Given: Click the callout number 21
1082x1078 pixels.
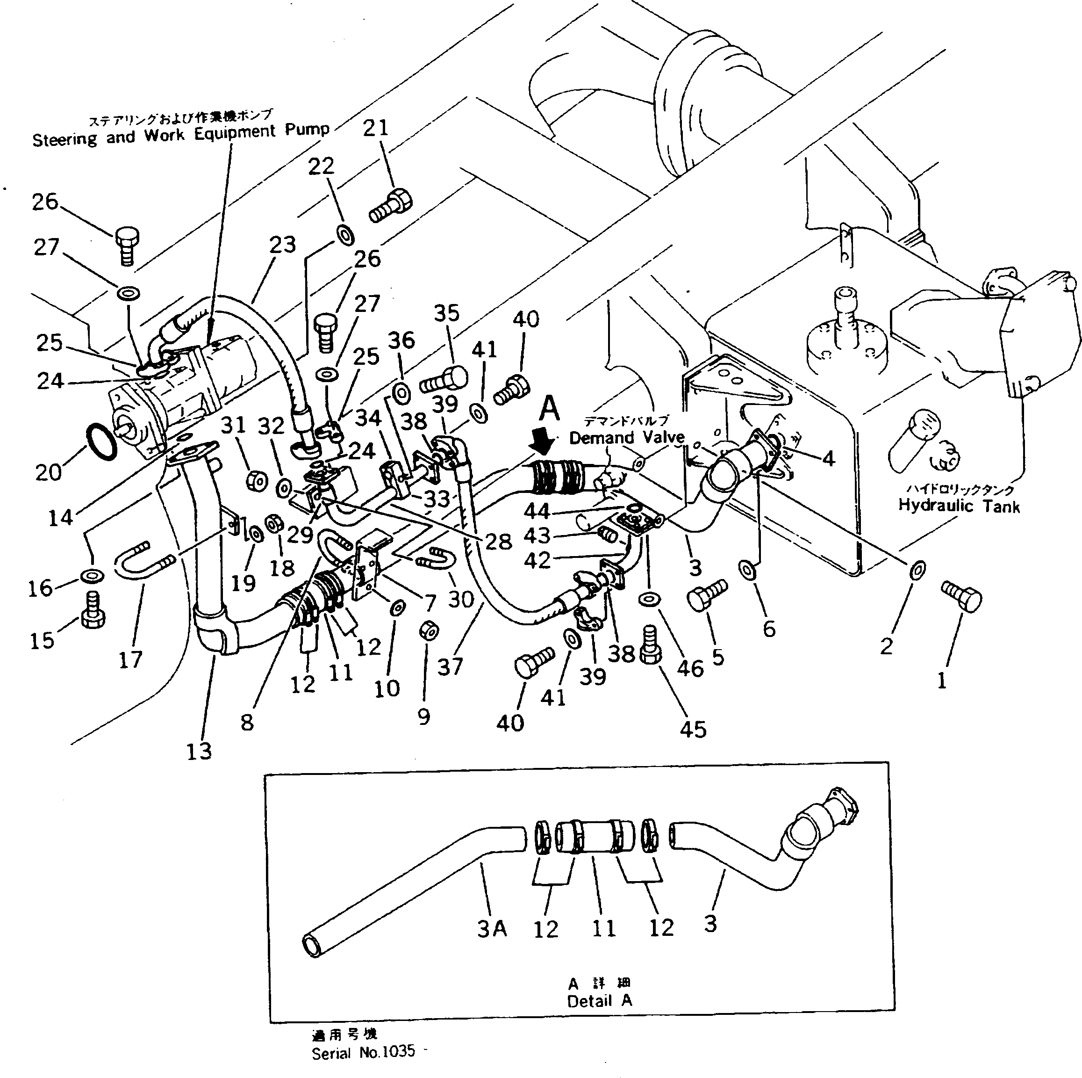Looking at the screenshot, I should pyautogui.click(x=375, y=128).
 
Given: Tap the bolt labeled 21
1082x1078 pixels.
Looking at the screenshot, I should pyautogui.click(x=390, y=206).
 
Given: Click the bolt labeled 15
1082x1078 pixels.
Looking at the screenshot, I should pyautogui.click(x=93, y=612).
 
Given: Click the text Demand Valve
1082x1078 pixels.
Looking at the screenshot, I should pyautogui.click(x=627, y=438).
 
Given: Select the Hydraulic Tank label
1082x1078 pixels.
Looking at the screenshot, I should pyautogui.click(x=958, y=506).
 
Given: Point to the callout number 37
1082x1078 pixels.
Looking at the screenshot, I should pyautogui.click(x=450, y=667).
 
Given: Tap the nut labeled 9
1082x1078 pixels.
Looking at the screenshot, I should pyautogui.click(x=429, y=631).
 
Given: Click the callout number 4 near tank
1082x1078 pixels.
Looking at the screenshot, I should pyautogui.click(x=829, y=459).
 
